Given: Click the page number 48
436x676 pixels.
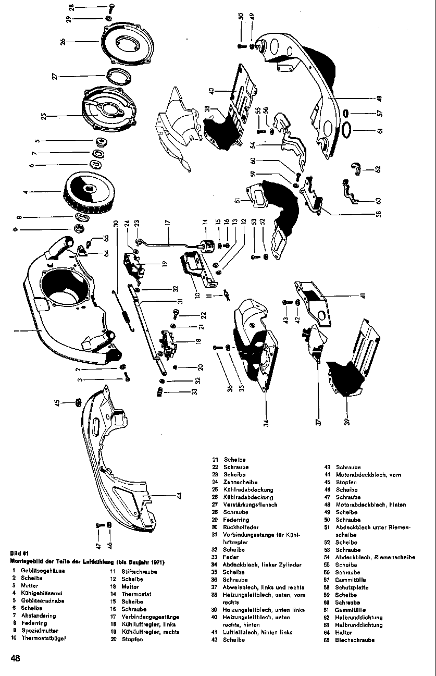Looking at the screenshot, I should (15, 658).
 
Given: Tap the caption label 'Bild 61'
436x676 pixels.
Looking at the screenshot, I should (19, 554).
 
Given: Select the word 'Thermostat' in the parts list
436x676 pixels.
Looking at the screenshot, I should (136, 594).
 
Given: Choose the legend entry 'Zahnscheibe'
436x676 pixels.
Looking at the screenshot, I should (237, 482).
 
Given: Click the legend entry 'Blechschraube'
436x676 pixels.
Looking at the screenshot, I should (355, 640).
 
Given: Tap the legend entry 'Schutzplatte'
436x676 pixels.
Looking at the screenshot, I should (352, 587).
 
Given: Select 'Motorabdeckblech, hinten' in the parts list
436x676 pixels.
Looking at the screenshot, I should (371, 505).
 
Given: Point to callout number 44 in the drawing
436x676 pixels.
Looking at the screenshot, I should (179, 496).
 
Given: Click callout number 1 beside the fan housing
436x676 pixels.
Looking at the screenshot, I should (16, 330).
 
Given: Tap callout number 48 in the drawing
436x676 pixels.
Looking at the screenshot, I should (379, 97).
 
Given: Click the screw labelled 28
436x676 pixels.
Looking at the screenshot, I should (111, 7).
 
